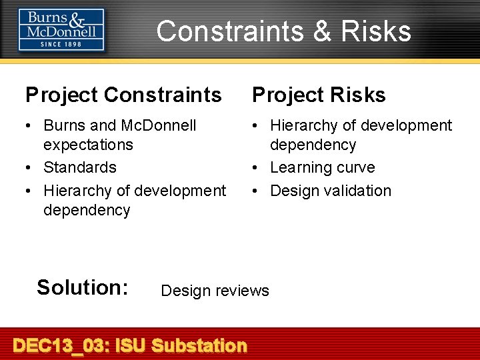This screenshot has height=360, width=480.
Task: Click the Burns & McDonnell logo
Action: pyautogui.click(x=61, y=29)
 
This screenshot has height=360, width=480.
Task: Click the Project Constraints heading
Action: pyautogui.click(x=123, y=95)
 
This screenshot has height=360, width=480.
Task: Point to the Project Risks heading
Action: pyautogui.click(x=319, y=95)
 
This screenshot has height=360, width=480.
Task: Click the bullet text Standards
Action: pyautogui.click(x=79, y=167)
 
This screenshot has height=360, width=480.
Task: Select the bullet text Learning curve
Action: pyautogui.click(x=322, y=167)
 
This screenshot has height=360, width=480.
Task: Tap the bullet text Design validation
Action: pyautogui.click(x=330, y=191)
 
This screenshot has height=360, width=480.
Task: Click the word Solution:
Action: pyautogui.click(x=82, y=287)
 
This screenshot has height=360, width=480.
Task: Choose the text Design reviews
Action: pyautogui.click(x=215, y=291)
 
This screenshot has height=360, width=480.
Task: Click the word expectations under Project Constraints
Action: pyautogui.click(x=88, y=145)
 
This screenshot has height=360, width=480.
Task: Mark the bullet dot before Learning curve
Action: pyautogui.click(x=256, y=168)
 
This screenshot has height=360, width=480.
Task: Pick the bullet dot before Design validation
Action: pyautogui.click(x=256, y=191)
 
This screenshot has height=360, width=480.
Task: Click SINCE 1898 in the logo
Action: pyautogui.click(x=61, y=44)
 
